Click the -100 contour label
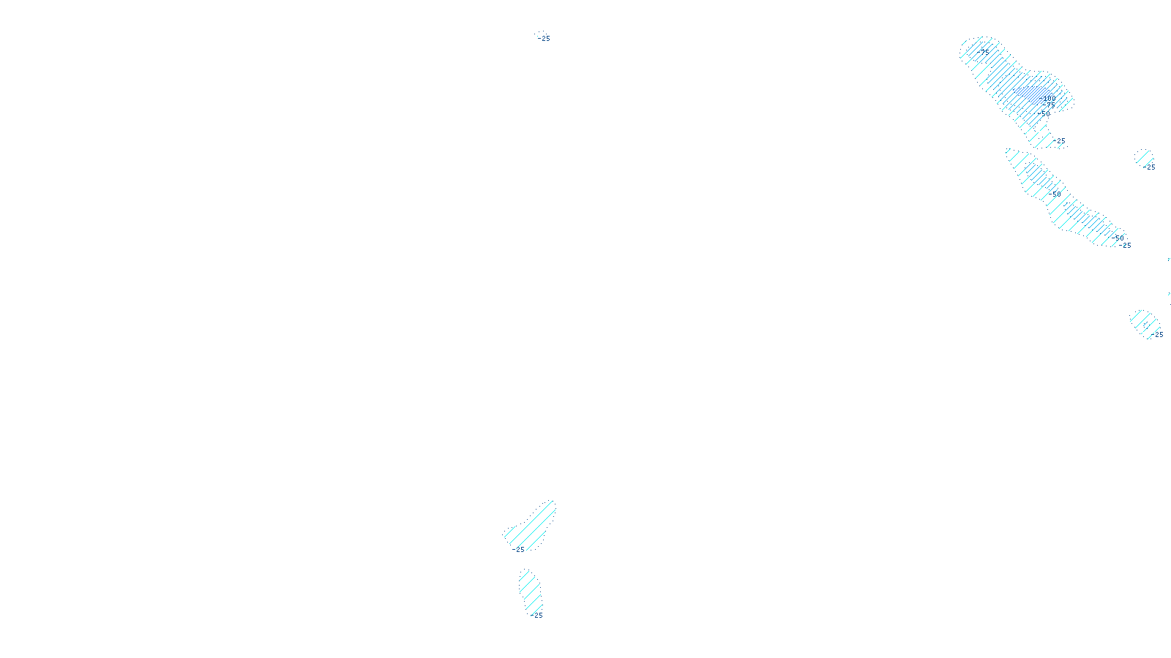point(1049,98)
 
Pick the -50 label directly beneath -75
point(1045,114)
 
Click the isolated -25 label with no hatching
point(544,38)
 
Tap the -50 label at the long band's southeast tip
point(1120,238)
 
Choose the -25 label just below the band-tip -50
point(1126,246)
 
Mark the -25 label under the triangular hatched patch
point(519,550)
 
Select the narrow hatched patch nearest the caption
point(531,592)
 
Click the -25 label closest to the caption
point(537,616)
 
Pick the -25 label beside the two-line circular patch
point(1150,167)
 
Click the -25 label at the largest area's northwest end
point(984,51)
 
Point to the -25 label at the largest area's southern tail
point(1059,141)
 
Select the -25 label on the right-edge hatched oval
point(1158,335)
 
